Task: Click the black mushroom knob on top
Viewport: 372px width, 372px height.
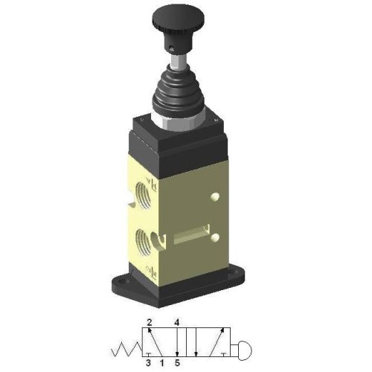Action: [x=178, y=28]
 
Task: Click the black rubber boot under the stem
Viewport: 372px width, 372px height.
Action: [x=178, y=92]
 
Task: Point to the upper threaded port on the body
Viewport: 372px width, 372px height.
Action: [x=144, y=194]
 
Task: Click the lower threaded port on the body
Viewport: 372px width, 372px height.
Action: [x=144, y=242]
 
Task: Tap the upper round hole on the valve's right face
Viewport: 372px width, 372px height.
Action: [x=215, y=196]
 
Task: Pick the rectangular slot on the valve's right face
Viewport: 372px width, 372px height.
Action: [x=191, y=235]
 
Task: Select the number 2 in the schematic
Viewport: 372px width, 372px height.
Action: [x=149, y=322]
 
